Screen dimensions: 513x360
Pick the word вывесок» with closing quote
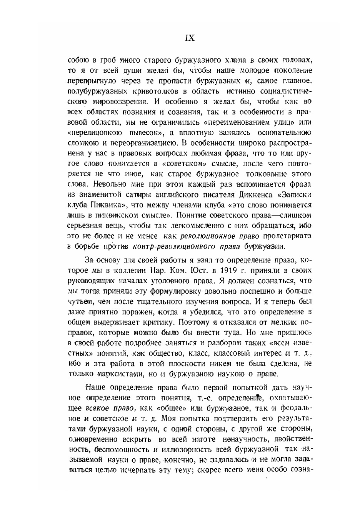pos(143,133)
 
